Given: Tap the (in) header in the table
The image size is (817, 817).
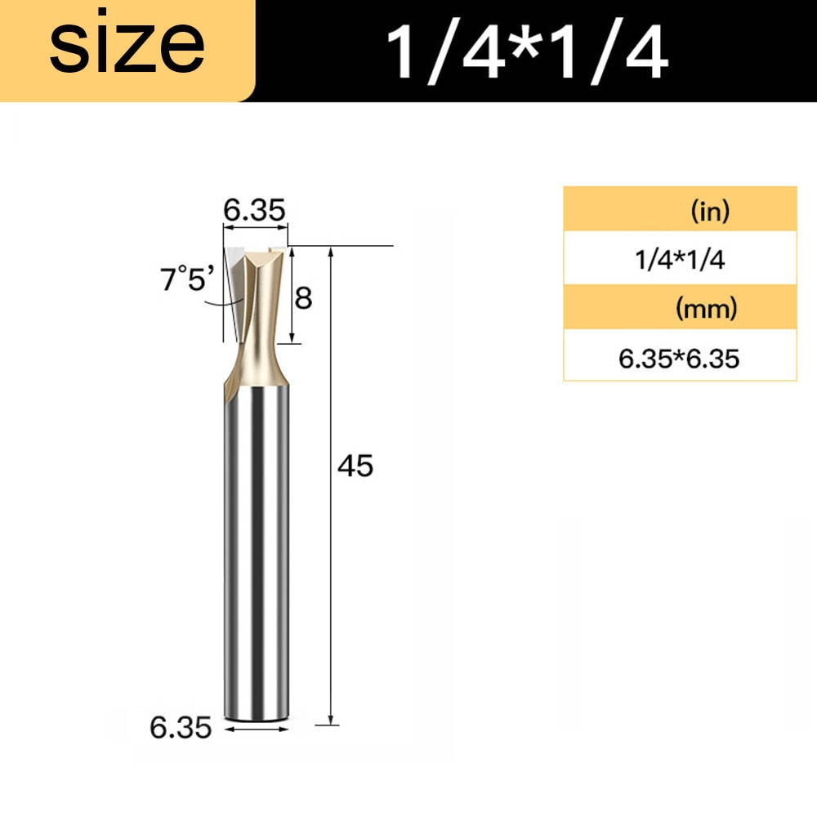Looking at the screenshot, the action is coord(710,211).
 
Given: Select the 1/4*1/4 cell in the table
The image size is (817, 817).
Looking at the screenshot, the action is coord(680,259).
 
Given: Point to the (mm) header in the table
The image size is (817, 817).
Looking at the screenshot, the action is coord(707,309).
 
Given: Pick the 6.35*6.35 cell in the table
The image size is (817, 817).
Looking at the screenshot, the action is coord(680,359).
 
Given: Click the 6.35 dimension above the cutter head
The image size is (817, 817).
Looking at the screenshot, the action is coord(254,210).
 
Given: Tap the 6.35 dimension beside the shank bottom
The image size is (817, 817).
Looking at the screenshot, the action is coord(181,727).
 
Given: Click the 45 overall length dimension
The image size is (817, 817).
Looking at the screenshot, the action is coord(355,466).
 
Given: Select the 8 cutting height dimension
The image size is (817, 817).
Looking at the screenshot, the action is coord(303,298).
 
